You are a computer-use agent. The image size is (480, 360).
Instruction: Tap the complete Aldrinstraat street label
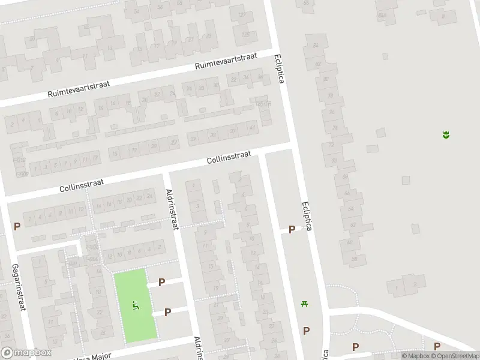click(x=172, y=209)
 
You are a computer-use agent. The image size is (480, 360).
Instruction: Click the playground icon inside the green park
click(x=136, y=305)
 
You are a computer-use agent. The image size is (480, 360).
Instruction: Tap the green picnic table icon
click(x=305, y=303)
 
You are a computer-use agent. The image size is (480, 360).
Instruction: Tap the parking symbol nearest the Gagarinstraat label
click(x=17, y=227)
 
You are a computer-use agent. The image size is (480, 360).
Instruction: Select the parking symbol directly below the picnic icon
click(x=307, y=331)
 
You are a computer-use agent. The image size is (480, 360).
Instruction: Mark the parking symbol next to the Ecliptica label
click(x=292, y=229)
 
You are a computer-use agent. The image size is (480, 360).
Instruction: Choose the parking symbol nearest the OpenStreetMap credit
click(x=437, y=346)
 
